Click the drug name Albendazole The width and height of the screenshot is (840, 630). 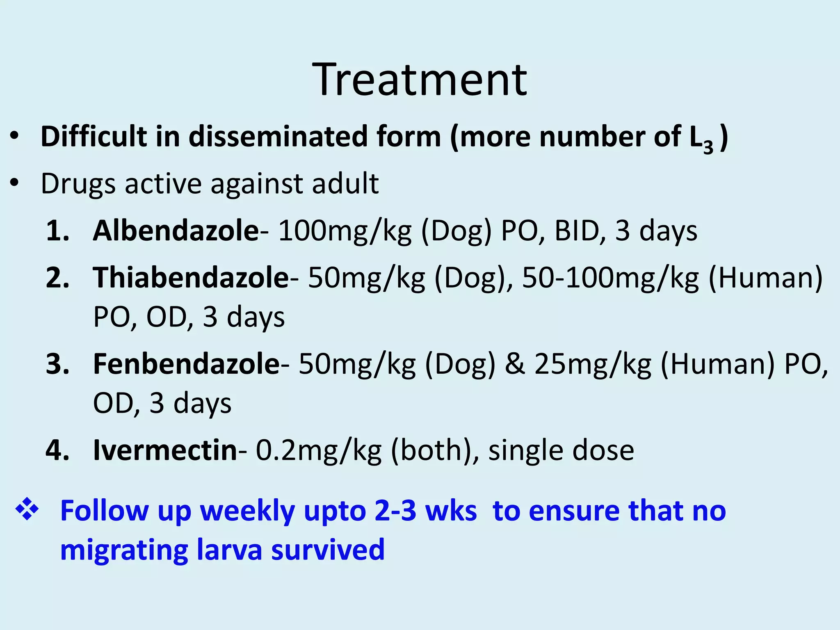pos(176,231)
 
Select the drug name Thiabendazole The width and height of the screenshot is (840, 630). pos(191,278)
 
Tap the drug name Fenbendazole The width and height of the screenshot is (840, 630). pos(186,364)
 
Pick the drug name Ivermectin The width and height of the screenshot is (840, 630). pos(165,450)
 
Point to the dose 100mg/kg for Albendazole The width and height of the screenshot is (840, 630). pos(345,231)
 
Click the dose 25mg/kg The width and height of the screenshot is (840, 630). pos(593,365)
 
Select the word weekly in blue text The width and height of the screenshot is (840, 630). pos(247,512)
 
